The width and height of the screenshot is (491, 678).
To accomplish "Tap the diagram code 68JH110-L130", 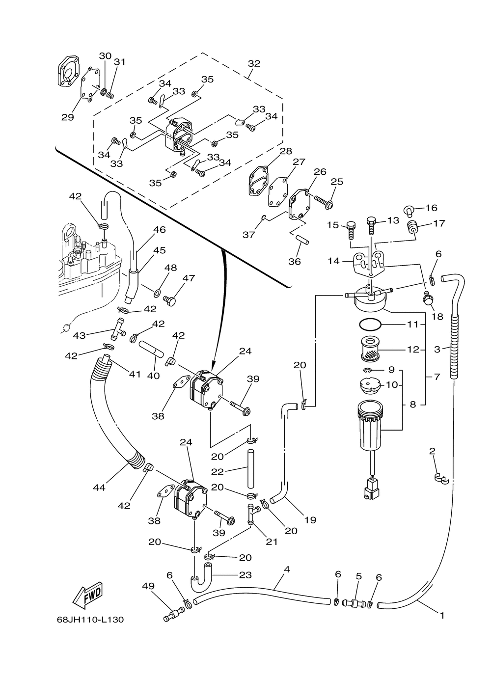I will tap(90, 620).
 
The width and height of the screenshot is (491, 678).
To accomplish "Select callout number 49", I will tap(148, 586).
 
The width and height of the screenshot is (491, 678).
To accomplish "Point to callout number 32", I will tap(254, 64).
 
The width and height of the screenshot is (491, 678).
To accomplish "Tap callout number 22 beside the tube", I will tap(218, 471).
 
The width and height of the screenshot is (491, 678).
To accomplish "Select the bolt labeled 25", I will tap(322, 200).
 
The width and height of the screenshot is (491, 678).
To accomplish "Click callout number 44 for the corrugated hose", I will tap(100, 488).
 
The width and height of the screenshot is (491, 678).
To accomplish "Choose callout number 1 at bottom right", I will tap(442, 615).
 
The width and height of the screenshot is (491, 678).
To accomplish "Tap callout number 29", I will tap(67, 117).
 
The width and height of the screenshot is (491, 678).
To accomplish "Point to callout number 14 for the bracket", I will tap(333, 261).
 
